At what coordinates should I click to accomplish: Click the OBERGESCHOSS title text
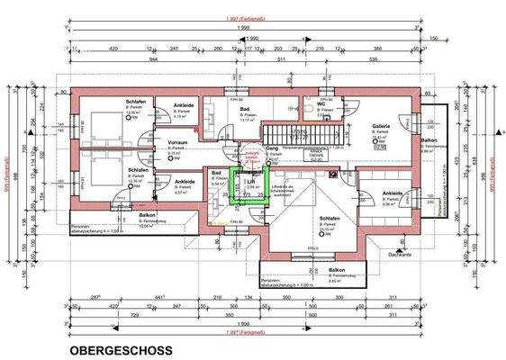tap(119, 347)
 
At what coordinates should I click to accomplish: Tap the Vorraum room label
tap(177, 142)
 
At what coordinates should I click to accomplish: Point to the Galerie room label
tap(379, 128)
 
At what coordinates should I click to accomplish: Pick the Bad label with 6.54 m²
tap(216, 171)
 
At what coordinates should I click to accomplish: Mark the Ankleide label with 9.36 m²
tap(392, 193)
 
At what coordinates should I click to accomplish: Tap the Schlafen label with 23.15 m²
tap(329, 218)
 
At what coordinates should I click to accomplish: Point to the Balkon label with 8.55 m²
tap(337, 269)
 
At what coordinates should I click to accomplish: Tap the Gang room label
tap(271, 148)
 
